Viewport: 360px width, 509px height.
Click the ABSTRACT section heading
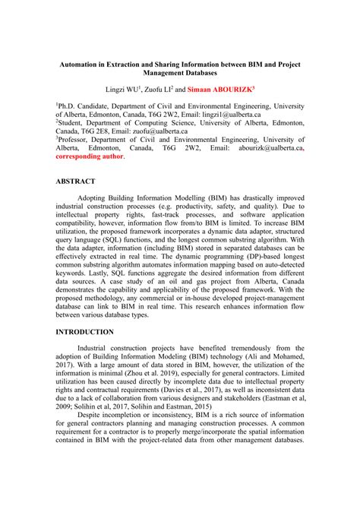(x=75, y=182)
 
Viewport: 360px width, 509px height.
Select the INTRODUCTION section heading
(x=85, y=332)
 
